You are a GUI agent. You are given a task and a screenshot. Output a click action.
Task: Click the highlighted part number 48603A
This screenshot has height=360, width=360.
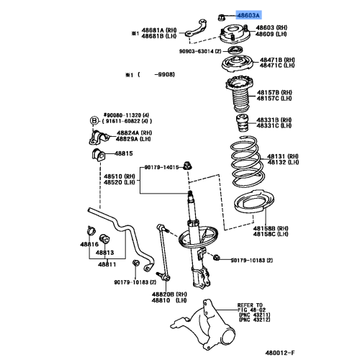(248, 16)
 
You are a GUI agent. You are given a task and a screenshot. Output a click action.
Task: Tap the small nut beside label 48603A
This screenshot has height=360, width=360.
(221, 17)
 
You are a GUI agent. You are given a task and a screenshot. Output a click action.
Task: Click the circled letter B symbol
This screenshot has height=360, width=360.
(94, 121)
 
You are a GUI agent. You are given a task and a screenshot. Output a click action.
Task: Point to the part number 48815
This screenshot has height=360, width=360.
(124, 153)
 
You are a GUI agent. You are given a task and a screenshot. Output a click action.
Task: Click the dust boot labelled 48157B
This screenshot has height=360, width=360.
(240, 94)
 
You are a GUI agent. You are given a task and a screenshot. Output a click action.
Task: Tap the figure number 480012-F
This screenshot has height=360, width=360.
(280, 353)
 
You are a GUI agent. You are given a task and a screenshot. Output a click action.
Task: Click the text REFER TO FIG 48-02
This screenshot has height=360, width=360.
(251, 307)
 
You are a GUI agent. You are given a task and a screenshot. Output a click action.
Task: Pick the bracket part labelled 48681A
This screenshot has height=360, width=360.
(196, 29)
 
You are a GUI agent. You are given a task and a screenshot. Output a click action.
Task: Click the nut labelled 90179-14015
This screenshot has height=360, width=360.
(187, 166)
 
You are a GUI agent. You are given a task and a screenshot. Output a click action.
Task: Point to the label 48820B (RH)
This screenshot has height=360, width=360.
(169, 294)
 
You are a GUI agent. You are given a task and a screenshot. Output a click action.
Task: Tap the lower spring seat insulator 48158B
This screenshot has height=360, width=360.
(254, 204)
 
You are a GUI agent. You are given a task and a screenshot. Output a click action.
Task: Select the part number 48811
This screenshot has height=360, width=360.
(107, 264)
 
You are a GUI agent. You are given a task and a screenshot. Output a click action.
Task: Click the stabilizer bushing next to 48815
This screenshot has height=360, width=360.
(99, 155)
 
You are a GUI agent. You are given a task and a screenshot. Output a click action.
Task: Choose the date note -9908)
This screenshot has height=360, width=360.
(165, 75)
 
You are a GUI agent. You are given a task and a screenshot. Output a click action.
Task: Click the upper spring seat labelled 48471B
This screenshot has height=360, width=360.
(238, 64)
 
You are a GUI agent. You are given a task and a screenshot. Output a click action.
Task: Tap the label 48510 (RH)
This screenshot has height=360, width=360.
(120, 176)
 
